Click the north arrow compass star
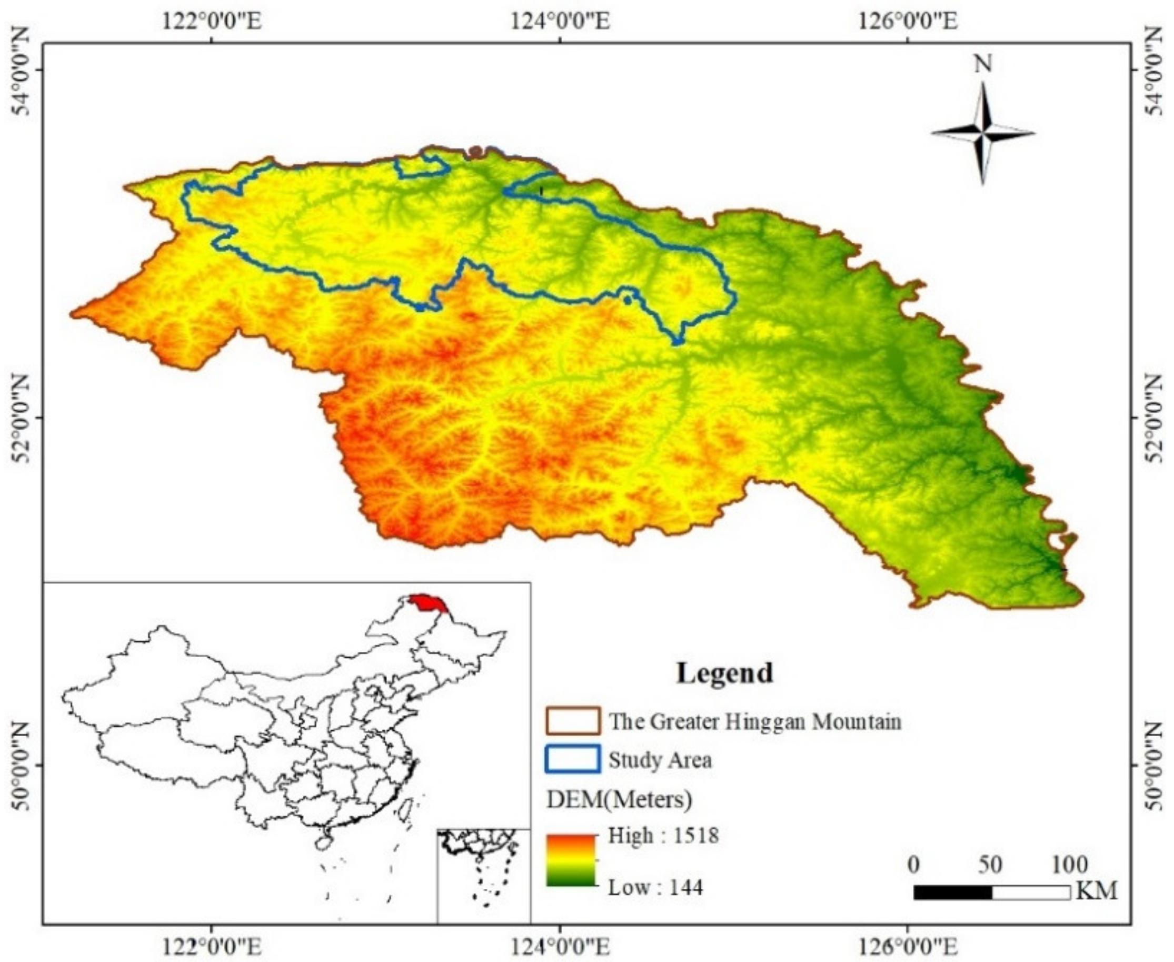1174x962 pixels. click(x=982, y=133)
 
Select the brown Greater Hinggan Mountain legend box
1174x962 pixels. click(x=573, y=721)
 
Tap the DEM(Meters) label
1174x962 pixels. click(x=620, y=799)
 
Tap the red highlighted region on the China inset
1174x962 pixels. click(x=427, y=602)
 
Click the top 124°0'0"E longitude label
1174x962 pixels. click(x=560, y=22)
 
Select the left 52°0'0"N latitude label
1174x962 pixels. click(x=21, y=418)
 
